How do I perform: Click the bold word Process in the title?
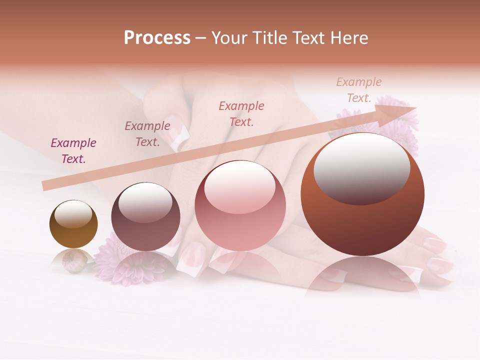pos(157,37)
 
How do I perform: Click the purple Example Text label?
pos(73,151)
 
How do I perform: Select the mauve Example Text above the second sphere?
pos(147,133)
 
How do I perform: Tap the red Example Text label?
pos(241,113)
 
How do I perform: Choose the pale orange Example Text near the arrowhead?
pos(359,89)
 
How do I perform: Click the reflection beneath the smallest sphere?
pos(73,260)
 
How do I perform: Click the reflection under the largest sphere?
pos(362,275)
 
